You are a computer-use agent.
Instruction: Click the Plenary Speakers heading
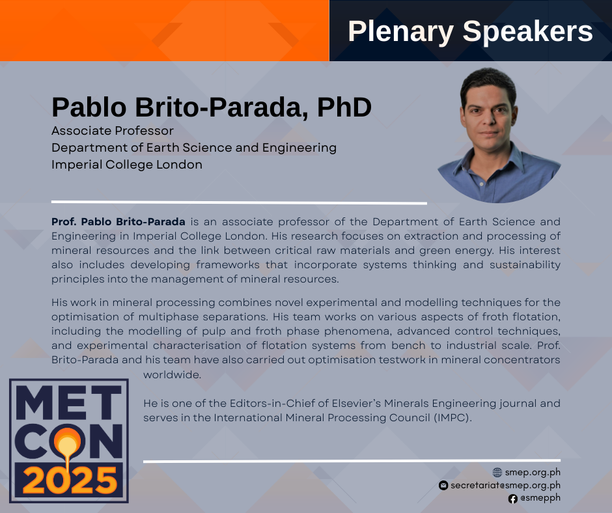470,31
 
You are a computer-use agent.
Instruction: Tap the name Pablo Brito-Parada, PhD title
212,107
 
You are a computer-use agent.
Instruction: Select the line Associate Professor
113,131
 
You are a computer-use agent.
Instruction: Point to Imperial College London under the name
127,165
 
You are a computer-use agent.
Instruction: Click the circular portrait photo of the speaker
499,135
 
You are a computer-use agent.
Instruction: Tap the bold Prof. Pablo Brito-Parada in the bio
118,222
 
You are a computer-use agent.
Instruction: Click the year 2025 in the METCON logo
70,480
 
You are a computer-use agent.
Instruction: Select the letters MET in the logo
69,402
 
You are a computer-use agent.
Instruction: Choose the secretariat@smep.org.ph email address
505,485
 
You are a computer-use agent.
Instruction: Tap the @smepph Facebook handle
540,498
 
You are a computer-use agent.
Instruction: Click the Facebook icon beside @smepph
513,499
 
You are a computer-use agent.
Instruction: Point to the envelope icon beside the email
443,485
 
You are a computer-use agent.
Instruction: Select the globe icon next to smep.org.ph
497,473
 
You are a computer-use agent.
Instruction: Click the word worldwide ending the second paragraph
172,375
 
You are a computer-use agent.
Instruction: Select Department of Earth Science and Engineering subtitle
194,148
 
